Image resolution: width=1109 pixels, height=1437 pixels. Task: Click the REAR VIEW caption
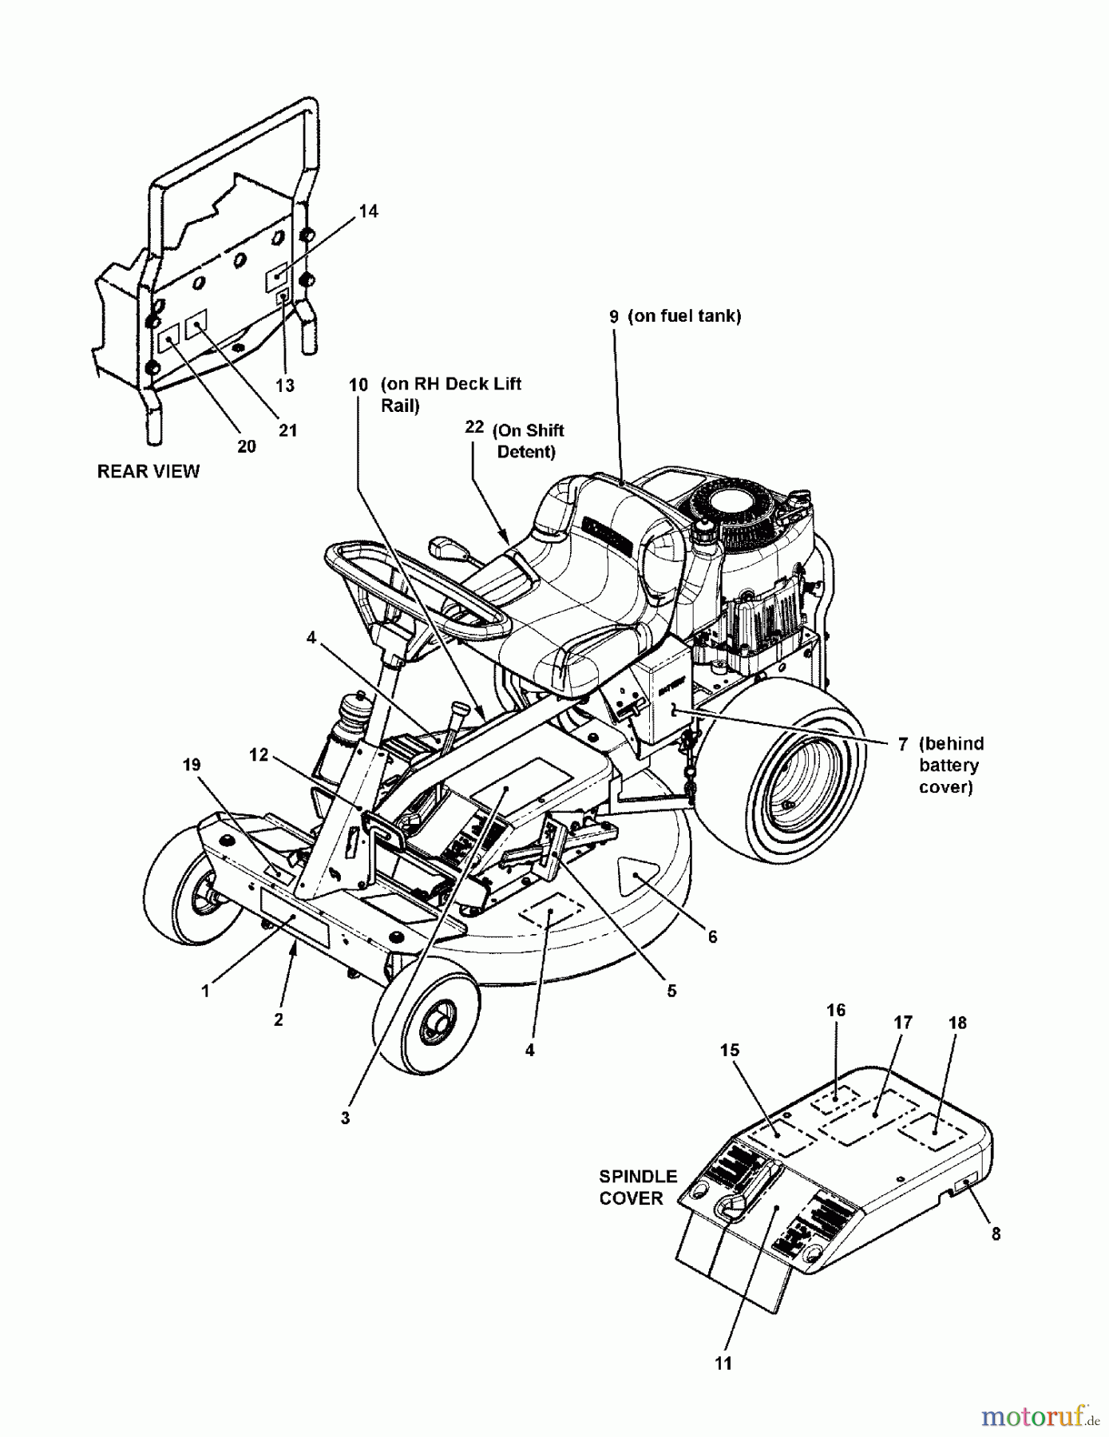click(148, 472)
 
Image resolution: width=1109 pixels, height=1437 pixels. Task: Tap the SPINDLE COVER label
click(638, 1187)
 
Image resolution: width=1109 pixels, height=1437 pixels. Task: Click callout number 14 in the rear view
click(368, 212)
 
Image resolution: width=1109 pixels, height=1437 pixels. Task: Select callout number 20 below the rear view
click(247, 447)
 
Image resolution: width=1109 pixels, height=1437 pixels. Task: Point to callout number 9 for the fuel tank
click(614, 317)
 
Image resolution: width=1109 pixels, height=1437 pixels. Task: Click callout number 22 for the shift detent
click(474, 427)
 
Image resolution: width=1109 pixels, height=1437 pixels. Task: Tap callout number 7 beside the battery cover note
click(902, 744)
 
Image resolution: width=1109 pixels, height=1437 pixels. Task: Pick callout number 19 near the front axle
click(192, 765)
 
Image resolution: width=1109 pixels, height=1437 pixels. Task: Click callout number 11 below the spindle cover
click(723, 1364)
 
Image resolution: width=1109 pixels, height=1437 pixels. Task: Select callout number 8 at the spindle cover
click(996, 1233)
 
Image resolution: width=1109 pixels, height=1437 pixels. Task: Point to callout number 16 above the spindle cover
click(835, 1011)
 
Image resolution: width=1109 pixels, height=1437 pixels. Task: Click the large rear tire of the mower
click(806, 774)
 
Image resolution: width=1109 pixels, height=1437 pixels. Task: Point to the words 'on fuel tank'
click(684, 316)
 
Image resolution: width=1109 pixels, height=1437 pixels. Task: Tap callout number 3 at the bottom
click(345, 1118)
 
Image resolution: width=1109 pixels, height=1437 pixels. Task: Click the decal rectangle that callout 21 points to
click(196, 325)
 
